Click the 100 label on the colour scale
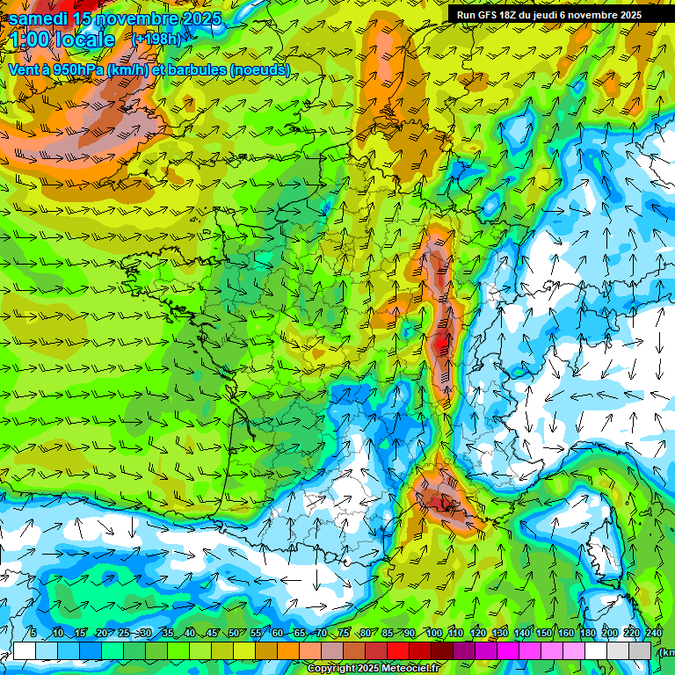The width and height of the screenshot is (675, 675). (433, 634)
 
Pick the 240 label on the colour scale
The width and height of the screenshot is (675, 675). (654, 634)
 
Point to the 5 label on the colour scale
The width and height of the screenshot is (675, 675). (33, 634)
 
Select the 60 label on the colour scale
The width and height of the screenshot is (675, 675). (278, 634)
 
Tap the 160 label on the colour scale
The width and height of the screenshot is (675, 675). (566, 634)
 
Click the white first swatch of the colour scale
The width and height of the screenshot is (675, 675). (25, 650)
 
